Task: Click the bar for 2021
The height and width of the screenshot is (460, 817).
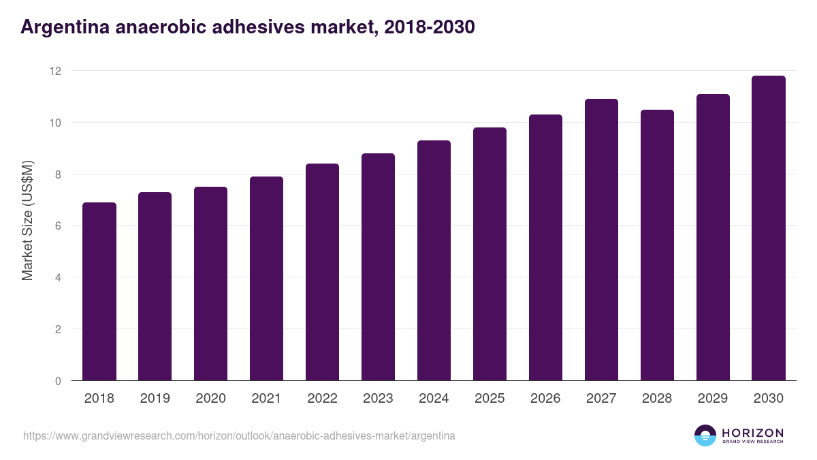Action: click(266, 279)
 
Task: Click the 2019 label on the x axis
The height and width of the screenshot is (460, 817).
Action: click(155, 399)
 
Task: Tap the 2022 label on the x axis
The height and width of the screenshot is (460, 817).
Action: click(322, 399)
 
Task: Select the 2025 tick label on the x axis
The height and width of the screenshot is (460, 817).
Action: click(490, 399)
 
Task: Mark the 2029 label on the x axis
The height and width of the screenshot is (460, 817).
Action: click(713, 399)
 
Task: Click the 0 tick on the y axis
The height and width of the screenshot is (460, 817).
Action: click(59, 381)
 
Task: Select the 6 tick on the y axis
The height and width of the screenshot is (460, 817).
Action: click(59, 226)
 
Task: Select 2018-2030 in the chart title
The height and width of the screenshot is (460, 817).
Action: click(430, 27)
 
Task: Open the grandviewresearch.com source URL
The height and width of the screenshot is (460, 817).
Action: click(239, 435)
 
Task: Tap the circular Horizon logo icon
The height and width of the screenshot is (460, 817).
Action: click(705, 435)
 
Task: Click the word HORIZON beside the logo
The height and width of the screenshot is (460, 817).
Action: click(752, 433)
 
